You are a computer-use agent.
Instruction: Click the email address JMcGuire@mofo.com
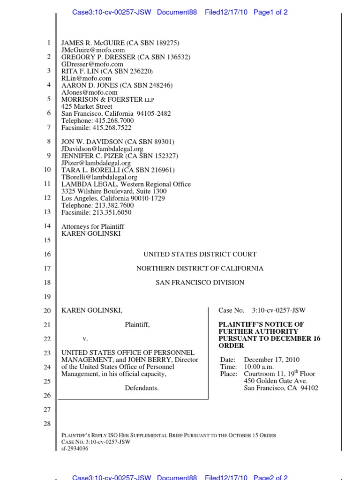coord(86,50)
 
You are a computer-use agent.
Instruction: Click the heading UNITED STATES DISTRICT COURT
coord(200,254)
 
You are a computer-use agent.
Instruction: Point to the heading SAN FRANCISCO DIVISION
coord(200,282)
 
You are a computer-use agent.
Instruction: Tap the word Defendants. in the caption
coord(142,388)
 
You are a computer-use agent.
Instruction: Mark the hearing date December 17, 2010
coord(272,360)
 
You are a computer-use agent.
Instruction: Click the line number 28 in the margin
coord(46,424)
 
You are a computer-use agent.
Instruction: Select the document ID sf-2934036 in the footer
coord(75,448)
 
